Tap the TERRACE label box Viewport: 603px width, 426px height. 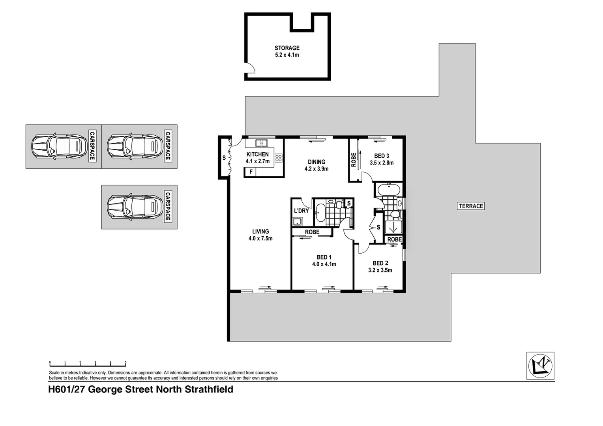[x=471, y=206]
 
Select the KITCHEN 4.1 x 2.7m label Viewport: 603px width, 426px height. [x=257, y=157]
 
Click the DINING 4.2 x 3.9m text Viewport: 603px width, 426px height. [x=316, y=165]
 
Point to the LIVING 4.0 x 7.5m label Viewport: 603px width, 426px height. [x=260, y=235]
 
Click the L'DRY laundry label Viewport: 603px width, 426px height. [x=301, y=211]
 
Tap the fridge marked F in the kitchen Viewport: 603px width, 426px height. [x=251, y=172]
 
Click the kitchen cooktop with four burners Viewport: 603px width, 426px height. [x=278, y=158]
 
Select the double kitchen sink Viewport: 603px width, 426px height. [x=261, y=143]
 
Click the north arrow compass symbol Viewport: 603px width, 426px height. [x=541, y=366]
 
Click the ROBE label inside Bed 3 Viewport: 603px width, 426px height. [x=354, y=159]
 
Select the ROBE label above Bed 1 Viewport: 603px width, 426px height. [x=312, y=232]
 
